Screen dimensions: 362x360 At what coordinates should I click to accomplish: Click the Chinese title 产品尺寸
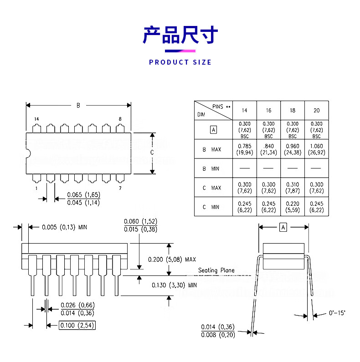(x=180, y=35)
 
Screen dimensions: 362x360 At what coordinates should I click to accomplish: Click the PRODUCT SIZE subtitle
(x=180, y=62)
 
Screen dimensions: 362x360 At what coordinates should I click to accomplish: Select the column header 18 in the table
(x=293, y=111)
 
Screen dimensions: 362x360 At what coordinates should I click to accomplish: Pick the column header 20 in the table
(x=317, y=111)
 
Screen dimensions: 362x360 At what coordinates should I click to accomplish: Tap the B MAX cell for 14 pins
(x=245, y=149)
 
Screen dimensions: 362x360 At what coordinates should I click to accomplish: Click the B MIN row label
(x=211, y=168)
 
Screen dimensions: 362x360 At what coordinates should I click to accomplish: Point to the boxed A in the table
(x=214, y=130)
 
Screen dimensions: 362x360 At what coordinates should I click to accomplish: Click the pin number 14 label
(x=36, y=119)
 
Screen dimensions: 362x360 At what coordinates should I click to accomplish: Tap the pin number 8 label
(x=120, y=119)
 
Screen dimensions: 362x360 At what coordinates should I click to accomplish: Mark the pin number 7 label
(x=120, y=188)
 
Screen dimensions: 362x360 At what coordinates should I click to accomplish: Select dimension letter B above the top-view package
(x=78, y=105)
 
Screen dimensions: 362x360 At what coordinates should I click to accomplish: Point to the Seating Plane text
(x=216, y=270)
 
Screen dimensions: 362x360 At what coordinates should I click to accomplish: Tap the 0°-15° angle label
(x=337, y=313)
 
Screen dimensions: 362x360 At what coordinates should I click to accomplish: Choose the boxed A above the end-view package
(x=283, y=227)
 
